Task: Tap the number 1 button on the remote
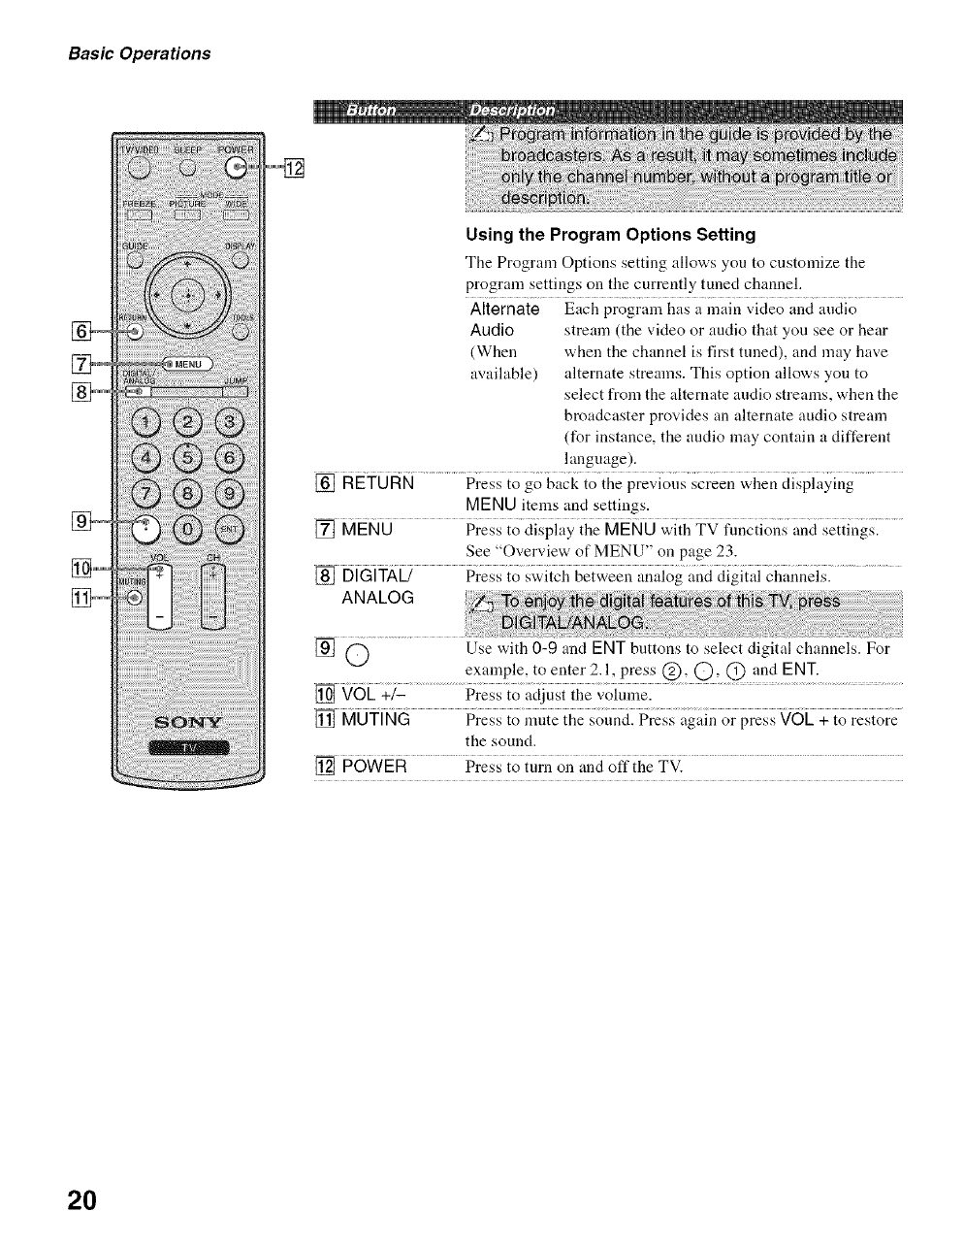147,423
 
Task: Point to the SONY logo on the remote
190,722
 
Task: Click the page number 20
82,1199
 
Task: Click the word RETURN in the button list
378,483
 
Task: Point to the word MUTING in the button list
376,720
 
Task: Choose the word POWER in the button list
374,767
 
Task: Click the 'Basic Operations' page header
139,53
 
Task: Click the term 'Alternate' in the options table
504,310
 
